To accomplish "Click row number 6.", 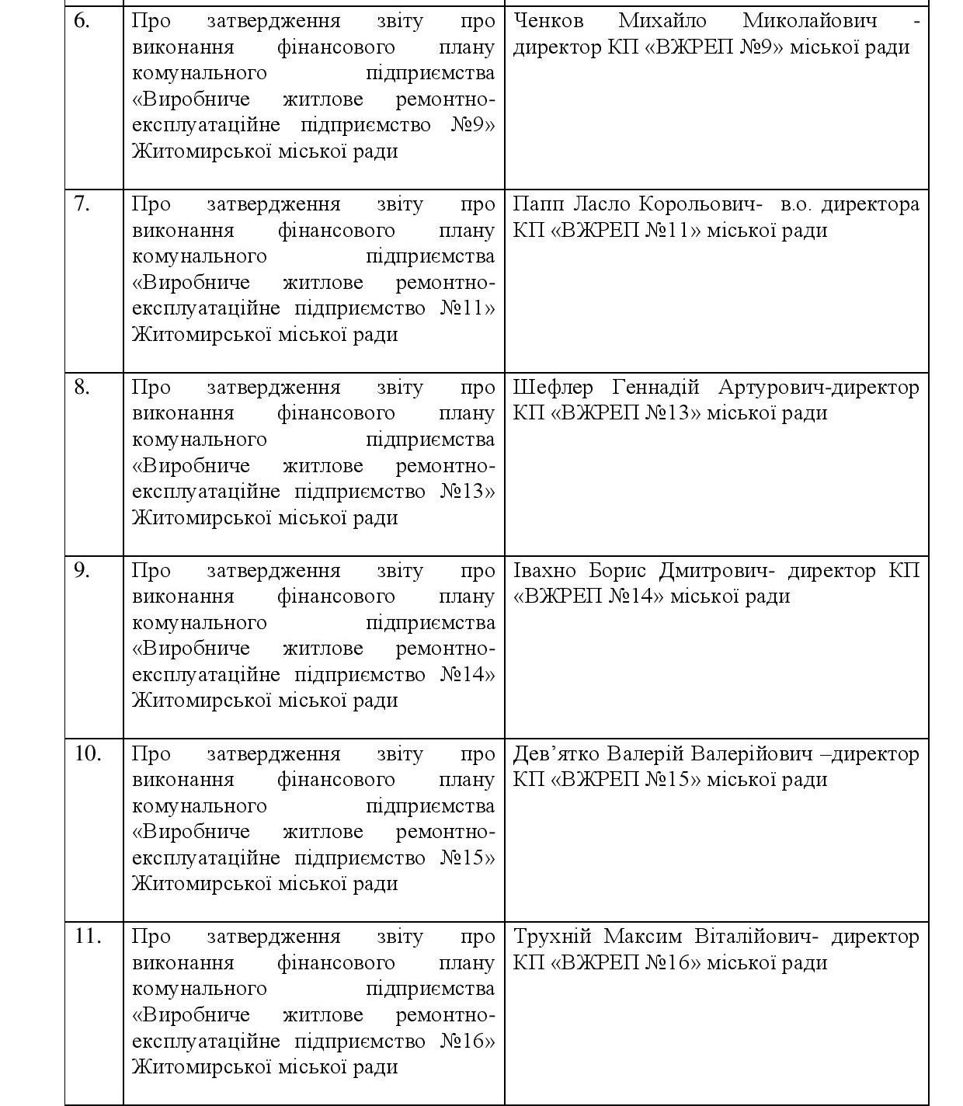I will (x=82, y=21).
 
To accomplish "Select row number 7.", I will (x=82, y=204).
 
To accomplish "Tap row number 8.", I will (x=82, y=388).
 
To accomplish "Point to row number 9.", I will (x=82, y=571).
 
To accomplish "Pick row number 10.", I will (x=87, y=754).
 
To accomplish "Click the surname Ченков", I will (x=548, y=21).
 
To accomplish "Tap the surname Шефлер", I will (x=553, y=388).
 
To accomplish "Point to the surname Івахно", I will (x=544, y=571).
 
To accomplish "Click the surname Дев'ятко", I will (x=555, y=754).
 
